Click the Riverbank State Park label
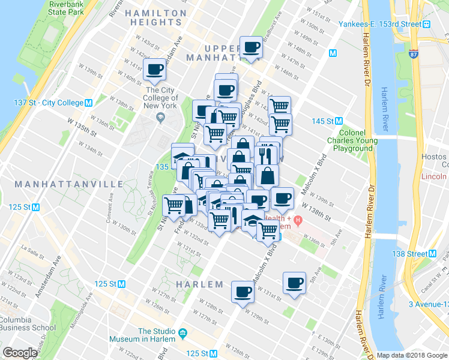point(66,7)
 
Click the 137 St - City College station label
point(48,103)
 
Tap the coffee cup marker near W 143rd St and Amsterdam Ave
point(155,70)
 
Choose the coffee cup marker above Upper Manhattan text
point(251,47)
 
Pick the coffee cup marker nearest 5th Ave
point(294,283)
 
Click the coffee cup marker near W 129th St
point(243,292)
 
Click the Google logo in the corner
point(20,353)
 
